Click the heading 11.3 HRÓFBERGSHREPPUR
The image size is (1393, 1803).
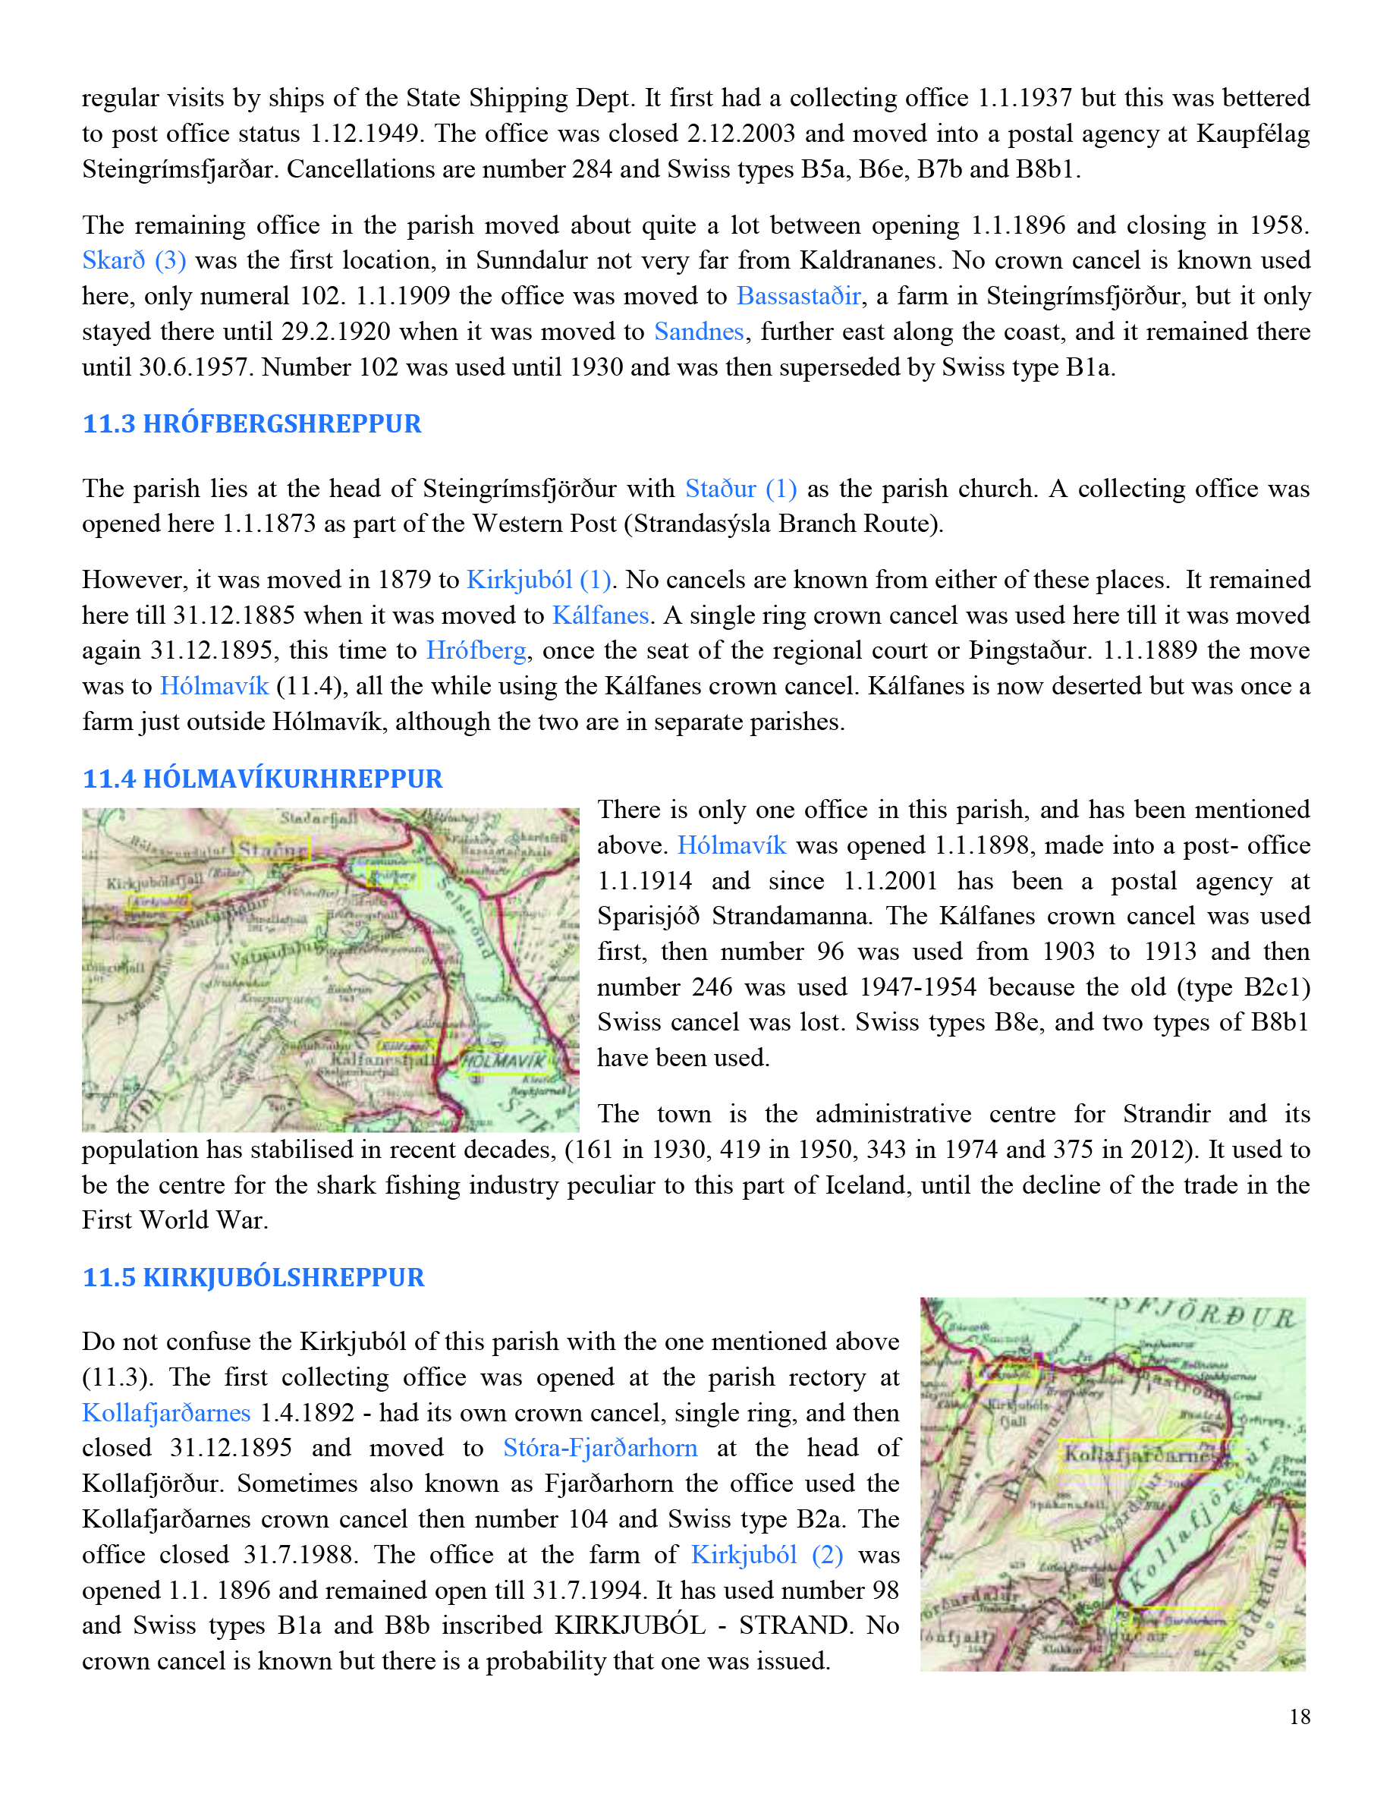252,423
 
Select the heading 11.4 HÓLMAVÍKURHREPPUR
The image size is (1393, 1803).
263,779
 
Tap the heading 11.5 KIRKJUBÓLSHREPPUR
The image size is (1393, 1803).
253,1277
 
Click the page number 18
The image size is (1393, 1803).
1300,1717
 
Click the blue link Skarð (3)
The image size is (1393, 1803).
134,260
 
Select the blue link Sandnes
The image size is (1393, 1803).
699,331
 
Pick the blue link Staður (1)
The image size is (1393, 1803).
741,489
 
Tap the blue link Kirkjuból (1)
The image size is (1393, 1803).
538,580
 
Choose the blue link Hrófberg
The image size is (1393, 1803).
476,650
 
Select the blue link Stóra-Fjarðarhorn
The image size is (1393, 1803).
600,1448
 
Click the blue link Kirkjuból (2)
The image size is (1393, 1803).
766,1555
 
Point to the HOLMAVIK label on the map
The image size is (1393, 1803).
503,1060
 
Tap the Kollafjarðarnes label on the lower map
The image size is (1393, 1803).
1139,1454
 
